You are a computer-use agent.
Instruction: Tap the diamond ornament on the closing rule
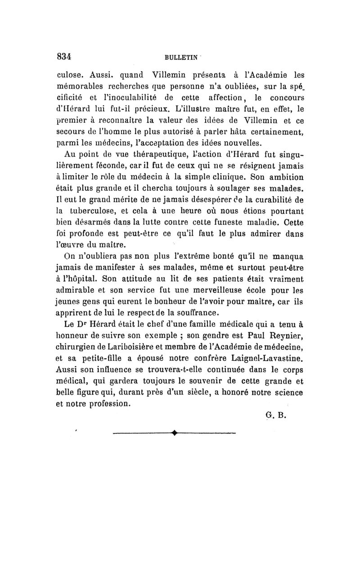click(174, 435)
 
